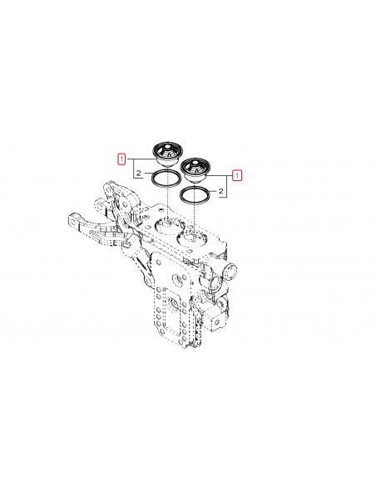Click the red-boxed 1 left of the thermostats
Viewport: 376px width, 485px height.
pos(122,158)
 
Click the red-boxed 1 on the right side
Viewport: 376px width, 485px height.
pos(237,175)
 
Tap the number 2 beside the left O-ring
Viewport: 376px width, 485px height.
pos(137,174)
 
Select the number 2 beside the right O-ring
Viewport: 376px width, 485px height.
pos(222,192)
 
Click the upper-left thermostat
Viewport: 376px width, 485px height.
pos(166,154)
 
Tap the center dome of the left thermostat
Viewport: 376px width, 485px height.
pos(166,149)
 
